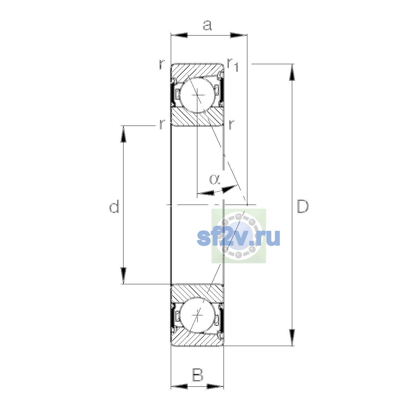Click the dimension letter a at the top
tap(207, 26)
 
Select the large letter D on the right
tap(303, 206)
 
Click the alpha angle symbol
tap(215, 179)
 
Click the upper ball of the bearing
tap(198, 95)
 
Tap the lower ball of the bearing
tap(197, 315)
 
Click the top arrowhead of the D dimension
tap(292, 72)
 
